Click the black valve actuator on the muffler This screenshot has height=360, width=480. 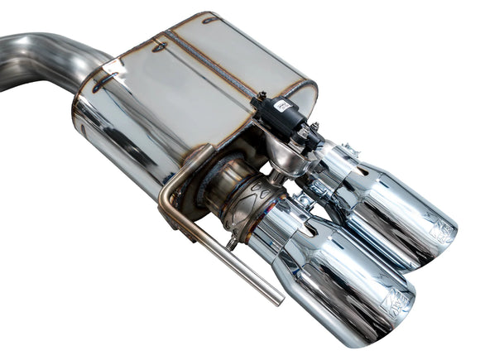click(x=282, y=115)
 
